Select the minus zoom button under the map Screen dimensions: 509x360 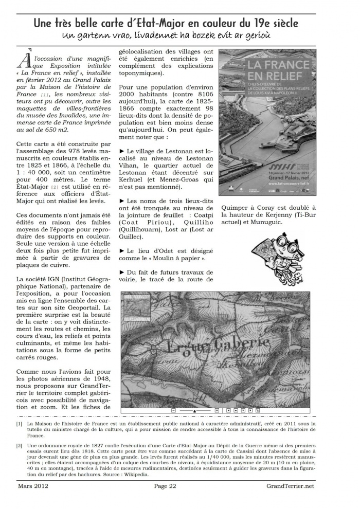174,411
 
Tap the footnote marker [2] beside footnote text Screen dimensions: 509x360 19,445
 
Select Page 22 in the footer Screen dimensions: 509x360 165,486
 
